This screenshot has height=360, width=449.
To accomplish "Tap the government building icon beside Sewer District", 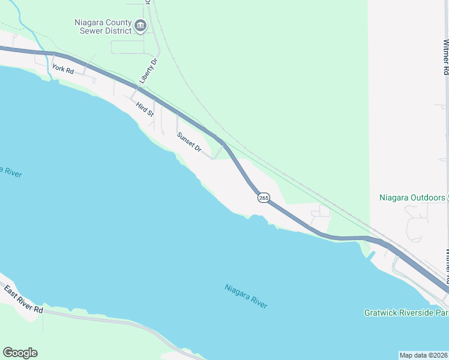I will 140,25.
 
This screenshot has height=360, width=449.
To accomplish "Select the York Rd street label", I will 62,68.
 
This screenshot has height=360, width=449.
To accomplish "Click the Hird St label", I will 145,110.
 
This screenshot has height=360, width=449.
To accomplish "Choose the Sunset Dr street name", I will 188,142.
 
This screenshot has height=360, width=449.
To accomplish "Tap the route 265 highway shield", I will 264,197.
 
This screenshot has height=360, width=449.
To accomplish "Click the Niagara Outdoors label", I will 412,197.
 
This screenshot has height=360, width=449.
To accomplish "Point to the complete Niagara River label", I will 246,296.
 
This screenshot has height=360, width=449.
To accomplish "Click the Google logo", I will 20,353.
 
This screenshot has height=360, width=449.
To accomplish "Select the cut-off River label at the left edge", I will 11,172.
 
